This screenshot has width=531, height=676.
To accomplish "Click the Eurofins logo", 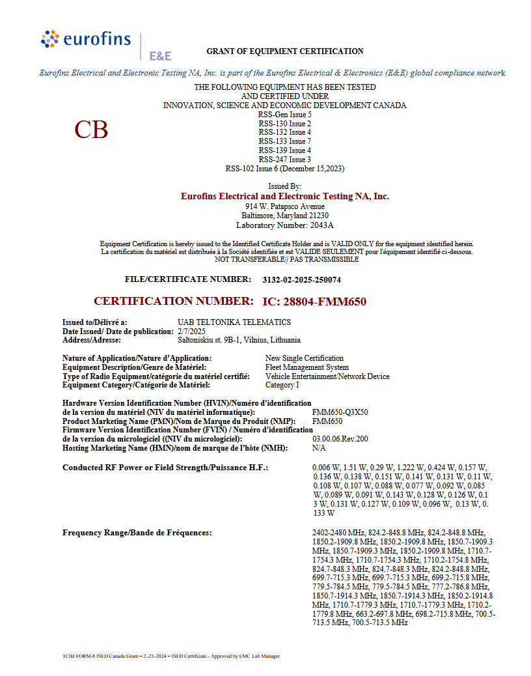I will (x=86, y=40).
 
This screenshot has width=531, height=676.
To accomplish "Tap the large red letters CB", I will (x=91, y=130).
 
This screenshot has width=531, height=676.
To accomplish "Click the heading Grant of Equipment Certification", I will (x=285, y=51).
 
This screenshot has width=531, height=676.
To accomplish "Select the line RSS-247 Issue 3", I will (x=284, y=160).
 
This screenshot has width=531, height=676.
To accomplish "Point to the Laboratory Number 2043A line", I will (x=284, y=225).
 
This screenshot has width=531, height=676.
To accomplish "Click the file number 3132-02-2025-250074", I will (x=301, y=280).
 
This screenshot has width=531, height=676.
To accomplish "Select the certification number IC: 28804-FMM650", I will (x=314, y=302).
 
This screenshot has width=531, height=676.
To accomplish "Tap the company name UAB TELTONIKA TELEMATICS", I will (x=234, y=322).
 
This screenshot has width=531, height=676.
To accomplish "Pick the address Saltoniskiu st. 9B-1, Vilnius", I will (x=239, y=340).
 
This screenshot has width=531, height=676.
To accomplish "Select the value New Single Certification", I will (x=305, y=358).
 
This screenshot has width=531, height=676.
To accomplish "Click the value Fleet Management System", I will (x=307, y=367).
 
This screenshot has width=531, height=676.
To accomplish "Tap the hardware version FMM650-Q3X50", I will (x=340, y=412).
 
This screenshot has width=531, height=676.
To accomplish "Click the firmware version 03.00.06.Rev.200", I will (x=340, y=439).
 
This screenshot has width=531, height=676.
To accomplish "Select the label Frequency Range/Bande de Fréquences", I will (x=137, y=533).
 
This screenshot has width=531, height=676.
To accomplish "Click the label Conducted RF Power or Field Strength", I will (x=165, y=468).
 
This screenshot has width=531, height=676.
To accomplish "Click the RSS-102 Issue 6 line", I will (x=285, y=169).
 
